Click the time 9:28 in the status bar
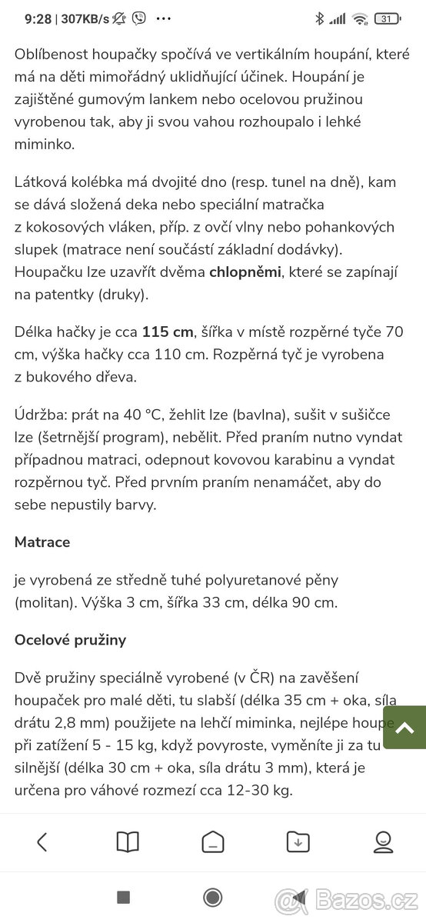(38, 18)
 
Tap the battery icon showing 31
(387, 18)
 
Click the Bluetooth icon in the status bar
(320, 18)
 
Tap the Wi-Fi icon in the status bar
(359, 18)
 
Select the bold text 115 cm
(168, 332)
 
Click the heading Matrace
(42, 542)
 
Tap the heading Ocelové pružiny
(70, 640)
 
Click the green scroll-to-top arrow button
(404, 727)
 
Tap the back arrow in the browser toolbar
(42, 842)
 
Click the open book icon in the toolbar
(128, 842)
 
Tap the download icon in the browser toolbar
(298, 842)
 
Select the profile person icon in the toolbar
(383, 842)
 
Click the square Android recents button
(123, 897)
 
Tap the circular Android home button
(213, 897)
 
